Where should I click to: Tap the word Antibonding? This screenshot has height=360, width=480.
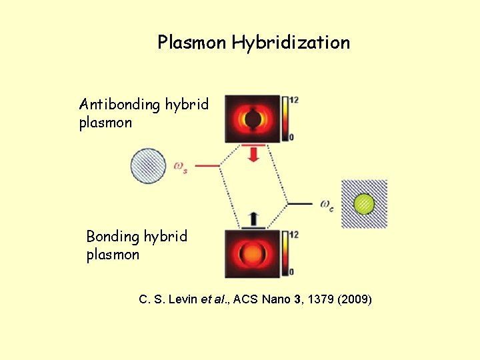pyautogui.click(x=120, y=105)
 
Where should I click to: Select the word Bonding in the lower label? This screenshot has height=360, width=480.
pyautogui.click(x=113, y=237)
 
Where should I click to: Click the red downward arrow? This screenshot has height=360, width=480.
pyautogui.click(x=253, y=155)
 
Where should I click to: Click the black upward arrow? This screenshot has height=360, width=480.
pyautogui.click(x=253, y=218)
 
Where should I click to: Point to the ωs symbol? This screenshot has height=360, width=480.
pyautogui.click(x=180, y=166)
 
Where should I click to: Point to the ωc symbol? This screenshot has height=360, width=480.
pyautogui.click(x=327, y=203)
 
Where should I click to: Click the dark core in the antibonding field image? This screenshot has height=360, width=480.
pyautogui.click(x=253, y=119)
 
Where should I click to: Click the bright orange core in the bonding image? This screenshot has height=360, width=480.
pyautogui.click(x=253, y=254)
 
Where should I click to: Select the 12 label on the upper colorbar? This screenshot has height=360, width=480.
pyautogui.click(x=294, y=100)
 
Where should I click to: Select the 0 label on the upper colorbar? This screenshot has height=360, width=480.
pyautogui.click(x=291, y=137)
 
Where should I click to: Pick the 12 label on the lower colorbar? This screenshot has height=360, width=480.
pyautogui.click(x=294, y=235)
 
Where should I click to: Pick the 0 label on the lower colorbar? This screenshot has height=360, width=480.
pyautogui.click(x=291, y=272)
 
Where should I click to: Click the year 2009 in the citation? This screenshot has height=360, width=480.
pyautogui.click(x=355, y=299)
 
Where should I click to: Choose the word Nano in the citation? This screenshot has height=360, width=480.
pyautogui.click(x=273, y=299)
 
